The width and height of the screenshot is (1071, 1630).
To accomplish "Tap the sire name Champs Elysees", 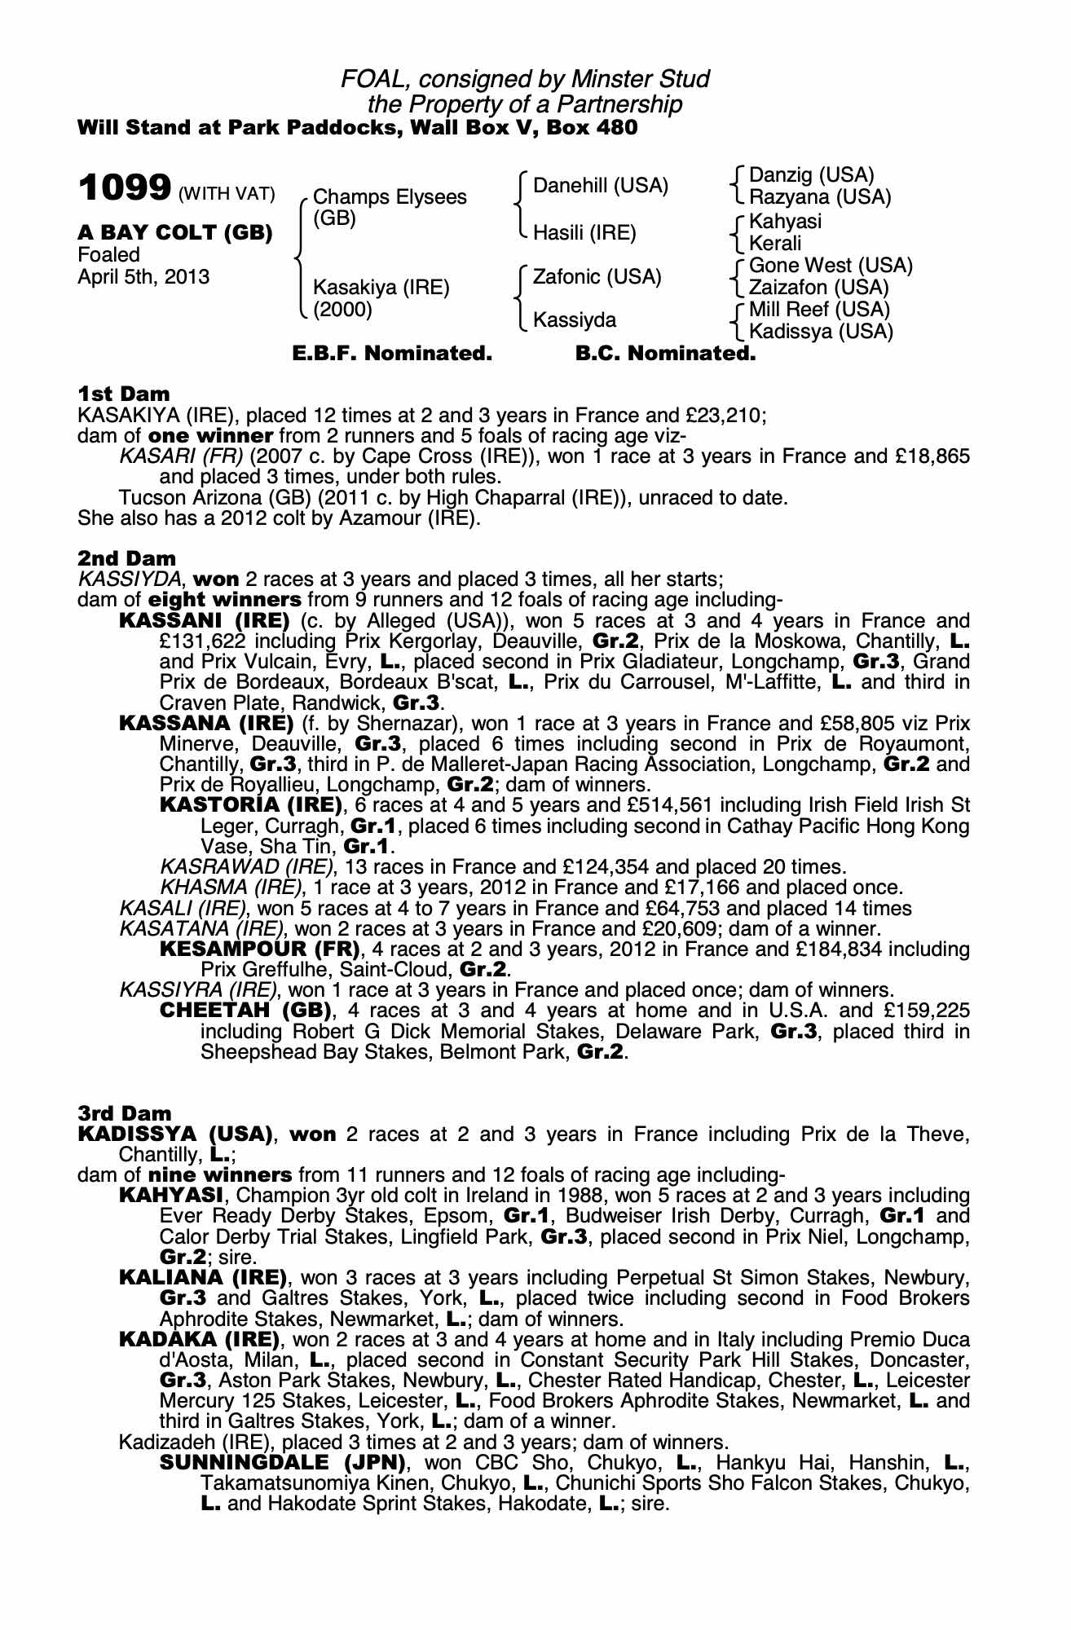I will pos(390,197).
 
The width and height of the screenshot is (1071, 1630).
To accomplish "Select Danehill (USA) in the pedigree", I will pos(600,186).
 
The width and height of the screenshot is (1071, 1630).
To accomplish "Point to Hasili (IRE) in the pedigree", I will pos(584,233).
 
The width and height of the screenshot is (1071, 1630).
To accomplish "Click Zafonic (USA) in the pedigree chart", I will pos(597,277).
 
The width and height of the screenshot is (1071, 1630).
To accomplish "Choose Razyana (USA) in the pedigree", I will pos(819,197).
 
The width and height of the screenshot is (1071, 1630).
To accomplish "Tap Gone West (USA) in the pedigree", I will pos(831,266).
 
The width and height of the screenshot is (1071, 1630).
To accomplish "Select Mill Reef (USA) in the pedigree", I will pos(819,310).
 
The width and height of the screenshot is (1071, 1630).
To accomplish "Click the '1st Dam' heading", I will pos(124,394).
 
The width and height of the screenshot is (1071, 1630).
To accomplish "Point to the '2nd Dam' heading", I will pos(126,559).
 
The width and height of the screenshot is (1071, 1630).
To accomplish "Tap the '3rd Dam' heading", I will pos(125,1113).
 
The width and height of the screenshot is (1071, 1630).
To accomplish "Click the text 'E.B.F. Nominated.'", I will pos(392,354).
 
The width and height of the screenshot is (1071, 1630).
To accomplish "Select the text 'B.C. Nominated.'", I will pos(665,354).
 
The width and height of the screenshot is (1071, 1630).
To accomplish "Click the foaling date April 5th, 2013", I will pos(143,277).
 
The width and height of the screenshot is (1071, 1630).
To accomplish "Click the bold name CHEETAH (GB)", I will pos(246,1011).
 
